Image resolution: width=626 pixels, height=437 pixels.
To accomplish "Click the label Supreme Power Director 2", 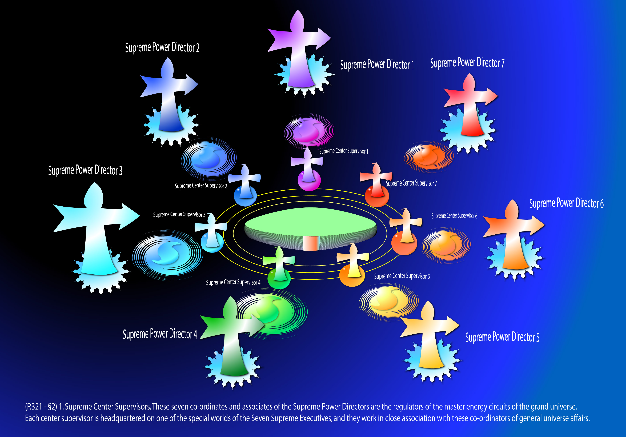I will [162, 47].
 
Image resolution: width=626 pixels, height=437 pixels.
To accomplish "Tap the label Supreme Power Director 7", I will [467, 63].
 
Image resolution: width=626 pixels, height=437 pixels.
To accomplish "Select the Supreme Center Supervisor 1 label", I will [344, 151].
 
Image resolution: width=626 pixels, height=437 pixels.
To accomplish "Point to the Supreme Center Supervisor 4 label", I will [233, 282].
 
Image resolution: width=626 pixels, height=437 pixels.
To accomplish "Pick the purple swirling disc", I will [309, 130].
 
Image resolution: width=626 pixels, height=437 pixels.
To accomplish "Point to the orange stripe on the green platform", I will [311, 243].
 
